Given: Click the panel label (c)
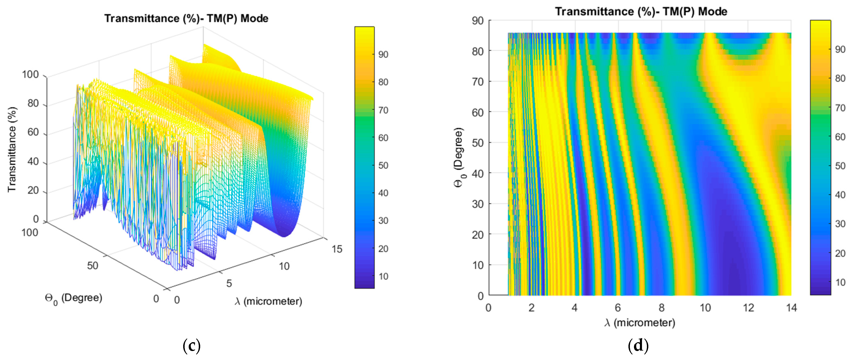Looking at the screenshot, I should [x=192, y=346].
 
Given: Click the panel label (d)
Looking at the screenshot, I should [x=638, y=346].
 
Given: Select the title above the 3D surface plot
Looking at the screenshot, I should [x=186, y=18].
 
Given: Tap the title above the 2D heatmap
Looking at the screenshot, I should [x=641, y=12].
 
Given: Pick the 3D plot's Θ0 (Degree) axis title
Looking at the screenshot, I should [x=73, y=299].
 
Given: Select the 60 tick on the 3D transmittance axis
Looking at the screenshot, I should [x=33, y=132].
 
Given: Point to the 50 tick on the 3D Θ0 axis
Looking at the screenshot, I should [x=93, y=265].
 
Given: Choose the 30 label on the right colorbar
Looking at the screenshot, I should [x=840, y=224].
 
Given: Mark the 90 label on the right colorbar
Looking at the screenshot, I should [x=840, y=50].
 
